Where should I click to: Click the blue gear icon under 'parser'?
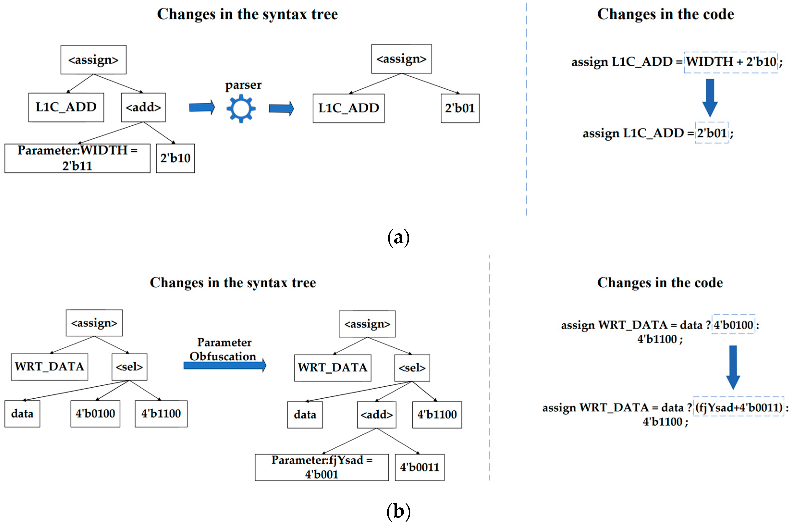point(241,108)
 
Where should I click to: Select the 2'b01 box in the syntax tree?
point(460,108)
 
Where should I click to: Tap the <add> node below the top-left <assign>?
point(143,107)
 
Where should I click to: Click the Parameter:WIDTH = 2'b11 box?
point(77,158)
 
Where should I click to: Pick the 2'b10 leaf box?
point(175,158)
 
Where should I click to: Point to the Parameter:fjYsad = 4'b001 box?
point(322,467)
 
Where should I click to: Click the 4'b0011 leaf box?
point(420,467)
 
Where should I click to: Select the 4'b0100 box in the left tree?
point(95,414)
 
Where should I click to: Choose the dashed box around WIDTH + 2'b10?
point(730,62)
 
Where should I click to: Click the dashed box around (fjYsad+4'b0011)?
point(738,407)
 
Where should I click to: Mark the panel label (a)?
point(398,237)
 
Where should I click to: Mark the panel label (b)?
point(398,511)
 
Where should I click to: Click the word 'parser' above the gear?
point(243,85)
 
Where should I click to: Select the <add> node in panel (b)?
point(377,414)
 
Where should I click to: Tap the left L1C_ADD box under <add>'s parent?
point(66,107)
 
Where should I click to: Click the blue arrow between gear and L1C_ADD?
point(281,108)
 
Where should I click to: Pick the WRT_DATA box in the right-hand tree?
point(333,368)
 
